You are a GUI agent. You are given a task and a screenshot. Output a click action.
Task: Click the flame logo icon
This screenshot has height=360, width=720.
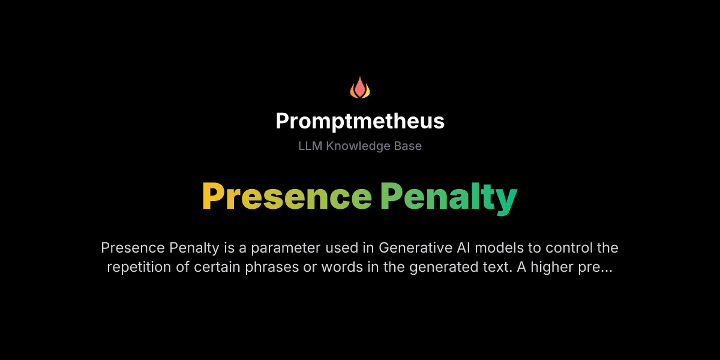point(360,88)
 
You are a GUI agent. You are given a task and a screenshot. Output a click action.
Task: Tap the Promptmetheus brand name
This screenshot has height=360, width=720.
point(360,121)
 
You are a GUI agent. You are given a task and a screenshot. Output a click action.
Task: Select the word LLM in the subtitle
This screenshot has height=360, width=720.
point(310,146)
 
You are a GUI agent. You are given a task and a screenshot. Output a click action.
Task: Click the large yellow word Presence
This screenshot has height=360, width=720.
point(287,196)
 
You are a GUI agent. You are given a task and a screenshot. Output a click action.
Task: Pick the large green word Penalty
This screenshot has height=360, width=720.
point(448,196)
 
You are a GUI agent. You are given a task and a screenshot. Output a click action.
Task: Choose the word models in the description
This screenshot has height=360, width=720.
point(503,248)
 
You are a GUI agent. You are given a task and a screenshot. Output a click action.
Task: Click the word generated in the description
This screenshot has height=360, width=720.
point(439,267)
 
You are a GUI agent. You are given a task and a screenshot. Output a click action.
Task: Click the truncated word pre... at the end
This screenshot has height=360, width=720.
point(595,267)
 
